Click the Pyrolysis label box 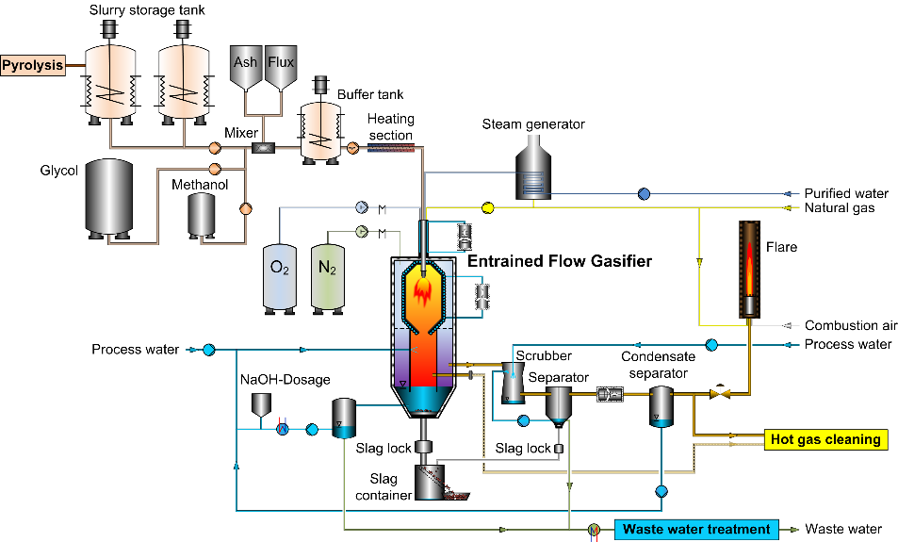(32, 65)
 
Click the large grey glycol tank (108, 197)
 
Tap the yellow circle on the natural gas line (488, 206)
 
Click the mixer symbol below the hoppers (264, 148)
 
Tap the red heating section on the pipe (388, 148)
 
